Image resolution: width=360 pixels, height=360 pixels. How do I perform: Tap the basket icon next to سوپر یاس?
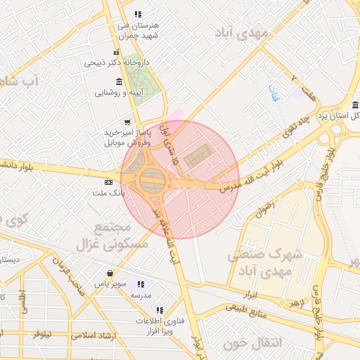pos(110,274)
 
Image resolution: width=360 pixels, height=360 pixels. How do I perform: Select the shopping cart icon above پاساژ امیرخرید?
pos(127,121)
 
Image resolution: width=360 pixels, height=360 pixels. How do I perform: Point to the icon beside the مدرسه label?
pos(141,285)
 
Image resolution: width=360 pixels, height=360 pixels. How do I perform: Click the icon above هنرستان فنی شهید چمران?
pos(138,14)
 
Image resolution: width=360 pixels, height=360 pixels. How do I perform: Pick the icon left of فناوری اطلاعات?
pos(160,309)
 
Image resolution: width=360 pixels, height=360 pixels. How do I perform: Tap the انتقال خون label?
pos(252,344)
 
